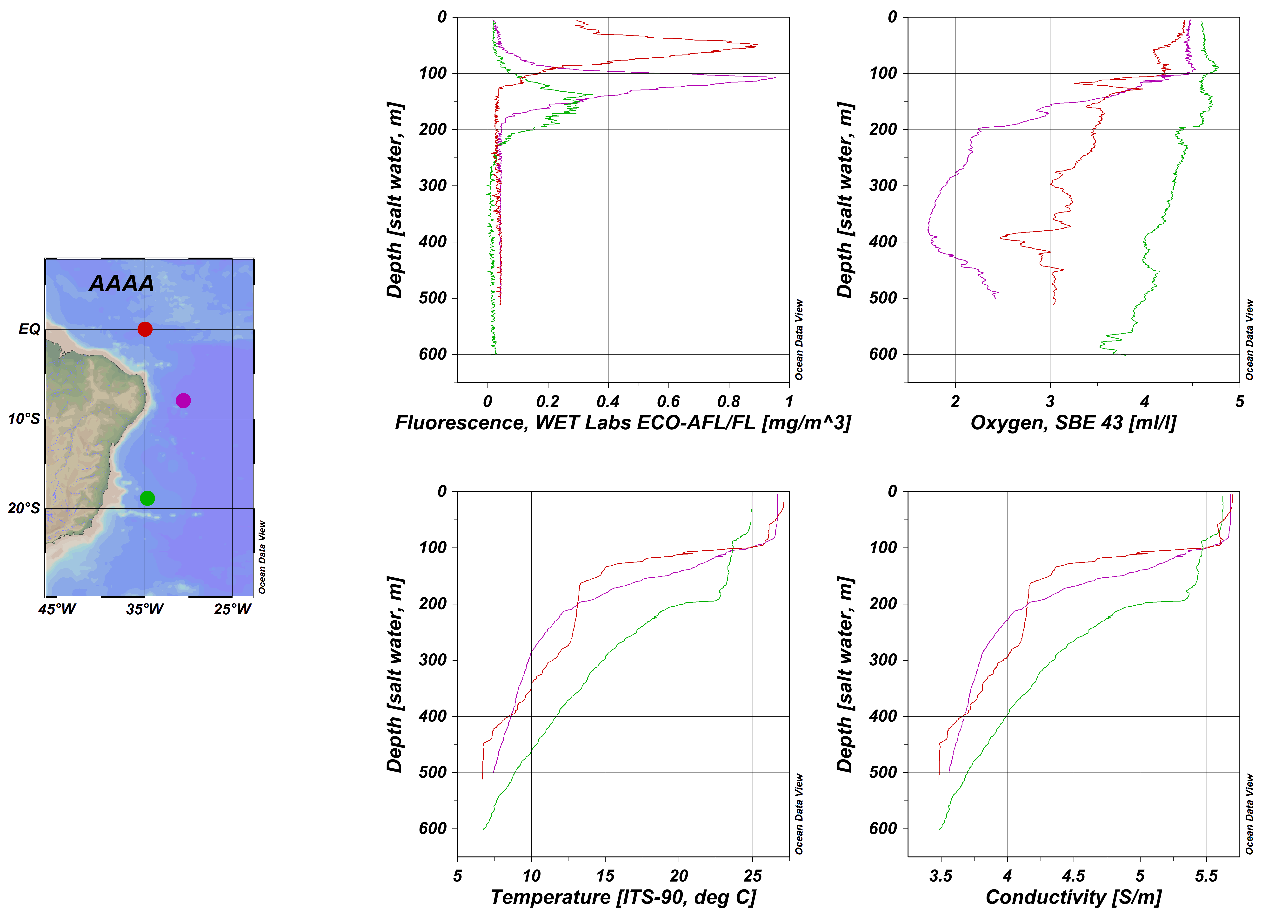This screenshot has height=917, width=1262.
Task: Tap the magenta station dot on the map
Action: coord(183,400)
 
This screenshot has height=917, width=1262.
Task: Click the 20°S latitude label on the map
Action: coord(24,508)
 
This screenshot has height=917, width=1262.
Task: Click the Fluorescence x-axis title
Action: coord(623,423)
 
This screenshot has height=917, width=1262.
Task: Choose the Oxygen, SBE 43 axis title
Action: coord(1073,423)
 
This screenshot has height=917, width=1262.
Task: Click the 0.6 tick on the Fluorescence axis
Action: coord(668,401)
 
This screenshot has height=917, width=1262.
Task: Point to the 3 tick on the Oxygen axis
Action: coord(1050,401)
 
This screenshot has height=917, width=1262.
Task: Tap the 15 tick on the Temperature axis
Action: coord(605,876)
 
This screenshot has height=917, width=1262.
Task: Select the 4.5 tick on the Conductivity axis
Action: coord(1073,876)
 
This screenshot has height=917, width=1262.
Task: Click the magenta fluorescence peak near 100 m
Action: coord(775,77)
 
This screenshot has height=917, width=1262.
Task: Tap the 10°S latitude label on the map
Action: coord(24,419)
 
